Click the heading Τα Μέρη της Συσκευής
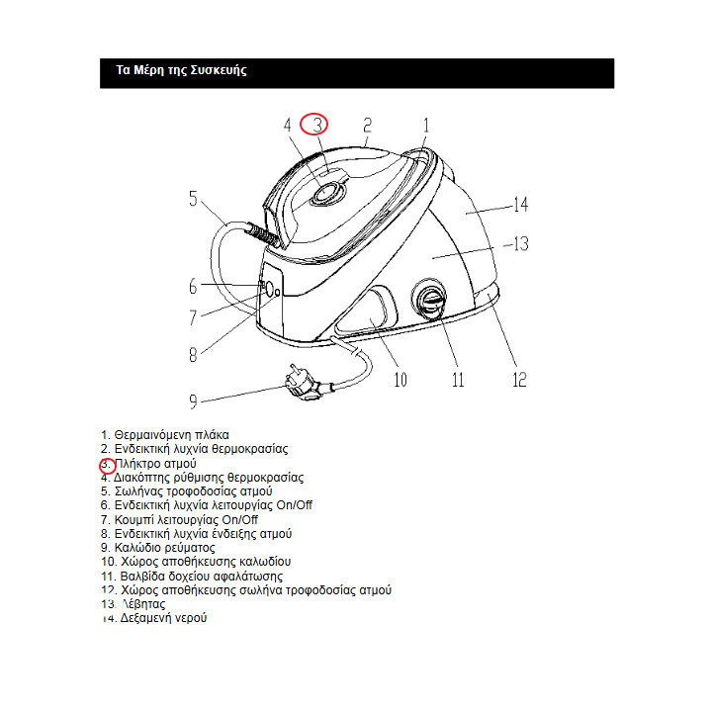click(181, 71)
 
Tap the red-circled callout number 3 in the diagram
click(314, 125)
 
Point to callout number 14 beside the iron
click(520, 206)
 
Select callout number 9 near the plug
click(194, 400)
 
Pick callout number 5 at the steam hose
click(194, 199)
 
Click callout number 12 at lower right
click(518, 380)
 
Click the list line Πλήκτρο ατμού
click(155, 463)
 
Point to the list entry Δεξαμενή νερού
click(163, 617)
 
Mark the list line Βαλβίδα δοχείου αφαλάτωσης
click(199, 576)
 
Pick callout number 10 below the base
click(400, 379)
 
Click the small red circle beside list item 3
click(107, 464)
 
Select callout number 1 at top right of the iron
click(426, 126)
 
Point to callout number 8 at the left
click(194, 356)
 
